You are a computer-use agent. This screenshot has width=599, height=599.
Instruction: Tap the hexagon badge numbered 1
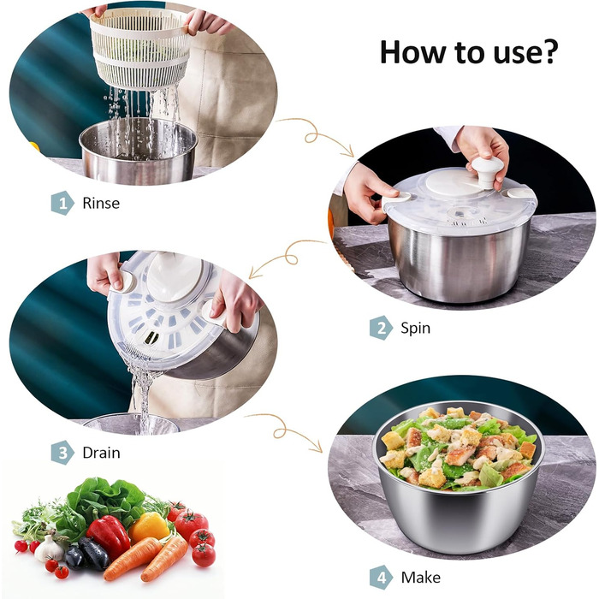pos(62,203)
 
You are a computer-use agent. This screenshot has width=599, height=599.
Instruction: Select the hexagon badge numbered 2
pos(381,328)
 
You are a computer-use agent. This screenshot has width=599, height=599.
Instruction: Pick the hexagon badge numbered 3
pos(62,453)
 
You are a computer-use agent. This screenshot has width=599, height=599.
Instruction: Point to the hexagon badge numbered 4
pos(381,578)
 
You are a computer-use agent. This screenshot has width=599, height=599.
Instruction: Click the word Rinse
pos(101,203)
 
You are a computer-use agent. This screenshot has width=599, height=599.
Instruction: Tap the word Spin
pos(415,328)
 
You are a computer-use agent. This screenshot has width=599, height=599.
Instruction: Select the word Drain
pos(101,453)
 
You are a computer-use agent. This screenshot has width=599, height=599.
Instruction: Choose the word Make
pos(421,578)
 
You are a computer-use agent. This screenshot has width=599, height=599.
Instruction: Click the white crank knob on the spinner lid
pos(487,171)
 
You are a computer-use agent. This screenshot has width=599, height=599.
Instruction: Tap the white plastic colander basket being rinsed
pos(140,49)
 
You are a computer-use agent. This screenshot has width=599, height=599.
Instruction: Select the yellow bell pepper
pos(149,528)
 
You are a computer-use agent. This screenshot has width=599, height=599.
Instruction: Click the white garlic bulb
pos(49,549)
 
